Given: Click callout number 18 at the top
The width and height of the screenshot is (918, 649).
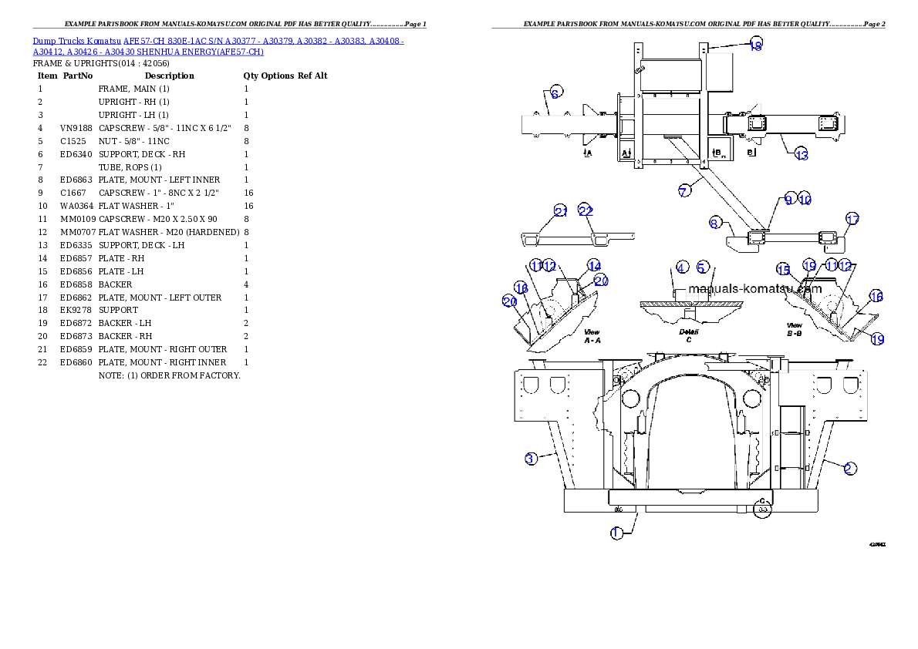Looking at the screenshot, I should point(756,45).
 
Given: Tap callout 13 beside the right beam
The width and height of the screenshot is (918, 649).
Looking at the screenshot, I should point(802,154).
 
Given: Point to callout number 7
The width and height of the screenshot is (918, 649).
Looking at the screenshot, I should point(684,191).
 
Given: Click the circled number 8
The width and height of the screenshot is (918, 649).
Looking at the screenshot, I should point(715,224).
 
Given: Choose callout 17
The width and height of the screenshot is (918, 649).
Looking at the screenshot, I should point(852,219).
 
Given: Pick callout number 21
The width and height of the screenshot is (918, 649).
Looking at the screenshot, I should point(561,211).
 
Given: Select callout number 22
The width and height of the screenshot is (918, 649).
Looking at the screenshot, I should point(586,211).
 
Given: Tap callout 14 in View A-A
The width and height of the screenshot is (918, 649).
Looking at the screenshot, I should point(593,265).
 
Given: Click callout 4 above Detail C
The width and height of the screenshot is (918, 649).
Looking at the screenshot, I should point(682,267).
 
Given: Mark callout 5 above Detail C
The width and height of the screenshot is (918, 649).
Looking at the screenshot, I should point(702,267).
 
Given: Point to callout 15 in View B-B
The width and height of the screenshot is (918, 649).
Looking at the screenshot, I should point(784,270).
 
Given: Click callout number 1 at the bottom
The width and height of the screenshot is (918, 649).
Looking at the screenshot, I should point(616,533).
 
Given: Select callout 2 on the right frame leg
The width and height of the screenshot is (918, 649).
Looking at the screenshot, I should point(849,469).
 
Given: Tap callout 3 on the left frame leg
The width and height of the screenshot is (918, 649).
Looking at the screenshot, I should point(530,459).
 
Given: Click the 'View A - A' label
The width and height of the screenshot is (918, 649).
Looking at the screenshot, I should point(592,335).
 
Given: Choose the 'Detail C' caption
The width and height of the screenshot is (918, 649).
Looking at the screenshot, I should point(689,335).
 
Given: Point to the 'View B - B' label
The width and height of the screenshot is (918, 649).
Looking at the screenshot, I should point(794,330).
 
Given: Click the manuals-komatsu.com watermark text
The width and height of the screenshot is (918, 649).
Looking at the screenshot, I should point(754,290).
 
